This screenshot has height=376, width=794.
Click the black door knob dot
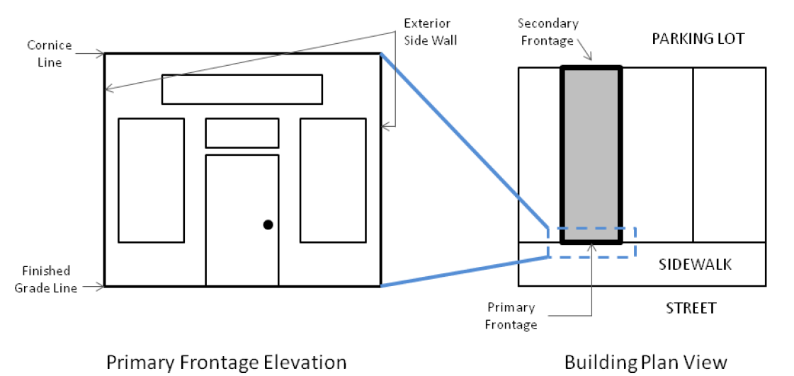(x=268, y=224)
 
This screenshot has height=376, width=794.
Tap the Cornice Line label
(x=50, y=54)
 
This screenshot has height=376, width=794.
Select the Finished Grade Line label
(x=46, y=279)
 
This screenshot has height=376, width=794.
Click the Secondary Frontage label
(x=548, y=32)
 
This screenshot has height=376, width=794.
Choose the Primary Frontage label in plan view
(x=511, y=317)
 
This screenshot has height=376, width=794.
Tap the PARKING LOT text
(x=698, y=38)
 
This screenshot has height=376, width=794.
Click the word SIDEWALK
(x=695, y=265)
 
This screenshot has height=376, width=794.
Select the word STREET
(x=691, y=308)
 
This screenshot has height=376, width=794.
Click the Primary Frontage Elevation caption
(x=226, y=363)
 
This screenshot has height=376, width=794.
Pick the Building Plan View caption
(x=645, y=363)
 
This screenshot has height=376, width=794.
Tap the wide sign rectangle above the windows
(x=242, y=89)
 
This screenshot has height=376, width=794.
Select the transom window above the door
(x=242, y=133)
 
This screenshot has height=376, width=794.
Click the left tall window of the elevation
(x=151, y=181)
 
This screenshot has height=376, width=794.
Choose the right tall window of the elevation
(x=333, y=181)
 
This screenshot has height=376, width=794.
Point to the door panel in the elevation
(x=242, y=220)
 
